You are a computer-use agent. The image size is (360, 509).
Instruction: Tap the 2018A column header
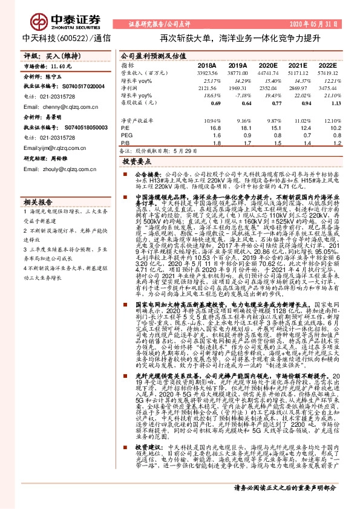click(x=206, y=65)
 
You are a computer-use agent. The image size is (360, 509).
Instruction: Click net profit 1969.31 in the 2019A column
click(x=238, y=88)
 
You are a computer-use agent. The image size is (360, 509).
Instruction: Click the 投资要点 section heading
click(x=136, y=163)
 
